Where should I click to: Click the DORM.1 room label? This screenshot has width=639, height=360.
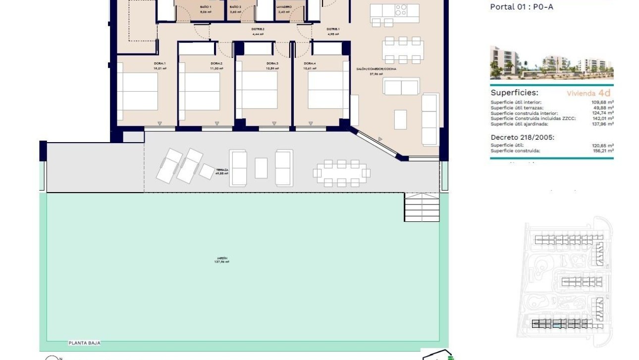click(x=160, y=63)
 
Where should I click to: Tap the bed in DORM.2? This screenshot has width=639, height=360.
click(x=199, y=92)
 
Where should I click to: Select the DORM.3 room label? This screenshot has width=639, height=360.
click(x=272, y=63)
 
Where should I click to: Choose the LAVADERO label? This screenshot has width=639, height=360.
click(x=284, y=6)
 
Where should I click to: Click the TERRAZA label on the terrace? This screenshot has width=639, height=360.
click(x=222, y=169)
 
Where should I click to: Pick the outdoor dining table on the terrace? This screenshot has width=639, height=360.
click(x=341, y=173)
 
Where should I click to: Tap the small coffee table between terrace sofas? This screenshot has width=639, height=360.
click(x=261, y=168)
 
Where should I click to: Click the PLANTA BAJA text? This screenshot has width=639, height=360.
click(x=85, y=343)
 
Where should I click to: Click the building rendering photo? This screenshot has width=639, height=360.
click(x=551, y=63)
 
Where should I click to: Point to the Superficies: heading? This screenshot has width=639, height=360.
click(x=514, y=93)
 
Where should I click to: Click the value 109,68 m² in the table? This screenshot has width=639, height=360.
click(x=602, y=103)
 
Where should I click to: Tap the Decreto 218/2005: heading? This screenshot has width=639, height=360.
click(x=523, y=137)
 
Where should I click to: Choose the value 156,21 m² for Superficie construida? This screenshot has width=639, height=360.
click(x=602, y=151)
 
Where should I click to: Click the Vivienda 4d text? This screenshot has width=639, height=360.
click(x=588, y=93)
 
